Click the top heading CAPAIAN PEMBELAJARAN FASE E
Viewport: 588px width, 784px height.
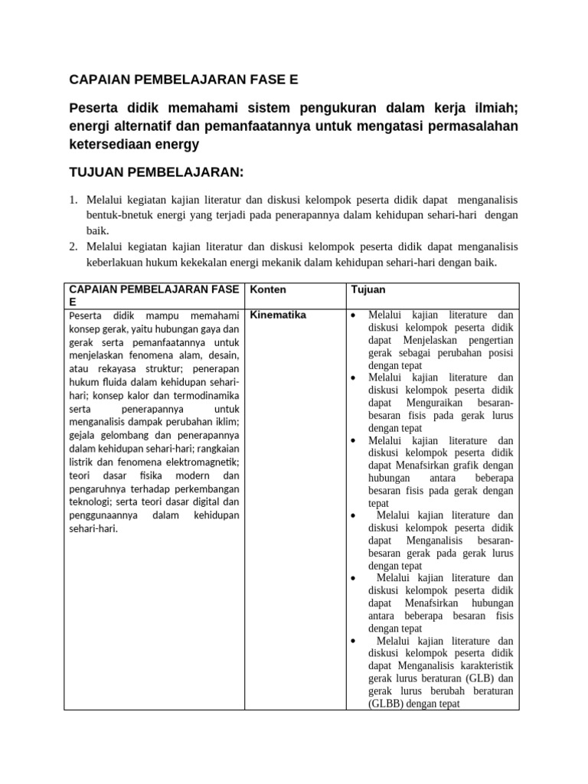pyautogui.click(x=183, y=79)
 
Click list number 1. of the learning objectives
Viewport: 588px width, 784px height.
pyautogui.click(x=73, y=200)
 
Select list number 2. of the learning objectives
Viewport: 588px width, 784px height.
pyautogui.click(x=73, y=247)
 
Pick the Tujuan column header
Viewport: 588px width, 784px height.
pyautogui.click(x=368, y=290)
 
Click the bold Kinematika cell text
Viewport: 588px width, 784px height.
pyautogui.click(x=279, y=315)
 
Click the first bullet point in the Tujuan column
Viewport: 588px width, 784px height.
pyautogui.click(x=353, y=315)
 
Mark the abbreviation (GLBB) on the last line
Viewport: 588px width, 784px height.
pyautogui.click(x=390, y=703)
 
